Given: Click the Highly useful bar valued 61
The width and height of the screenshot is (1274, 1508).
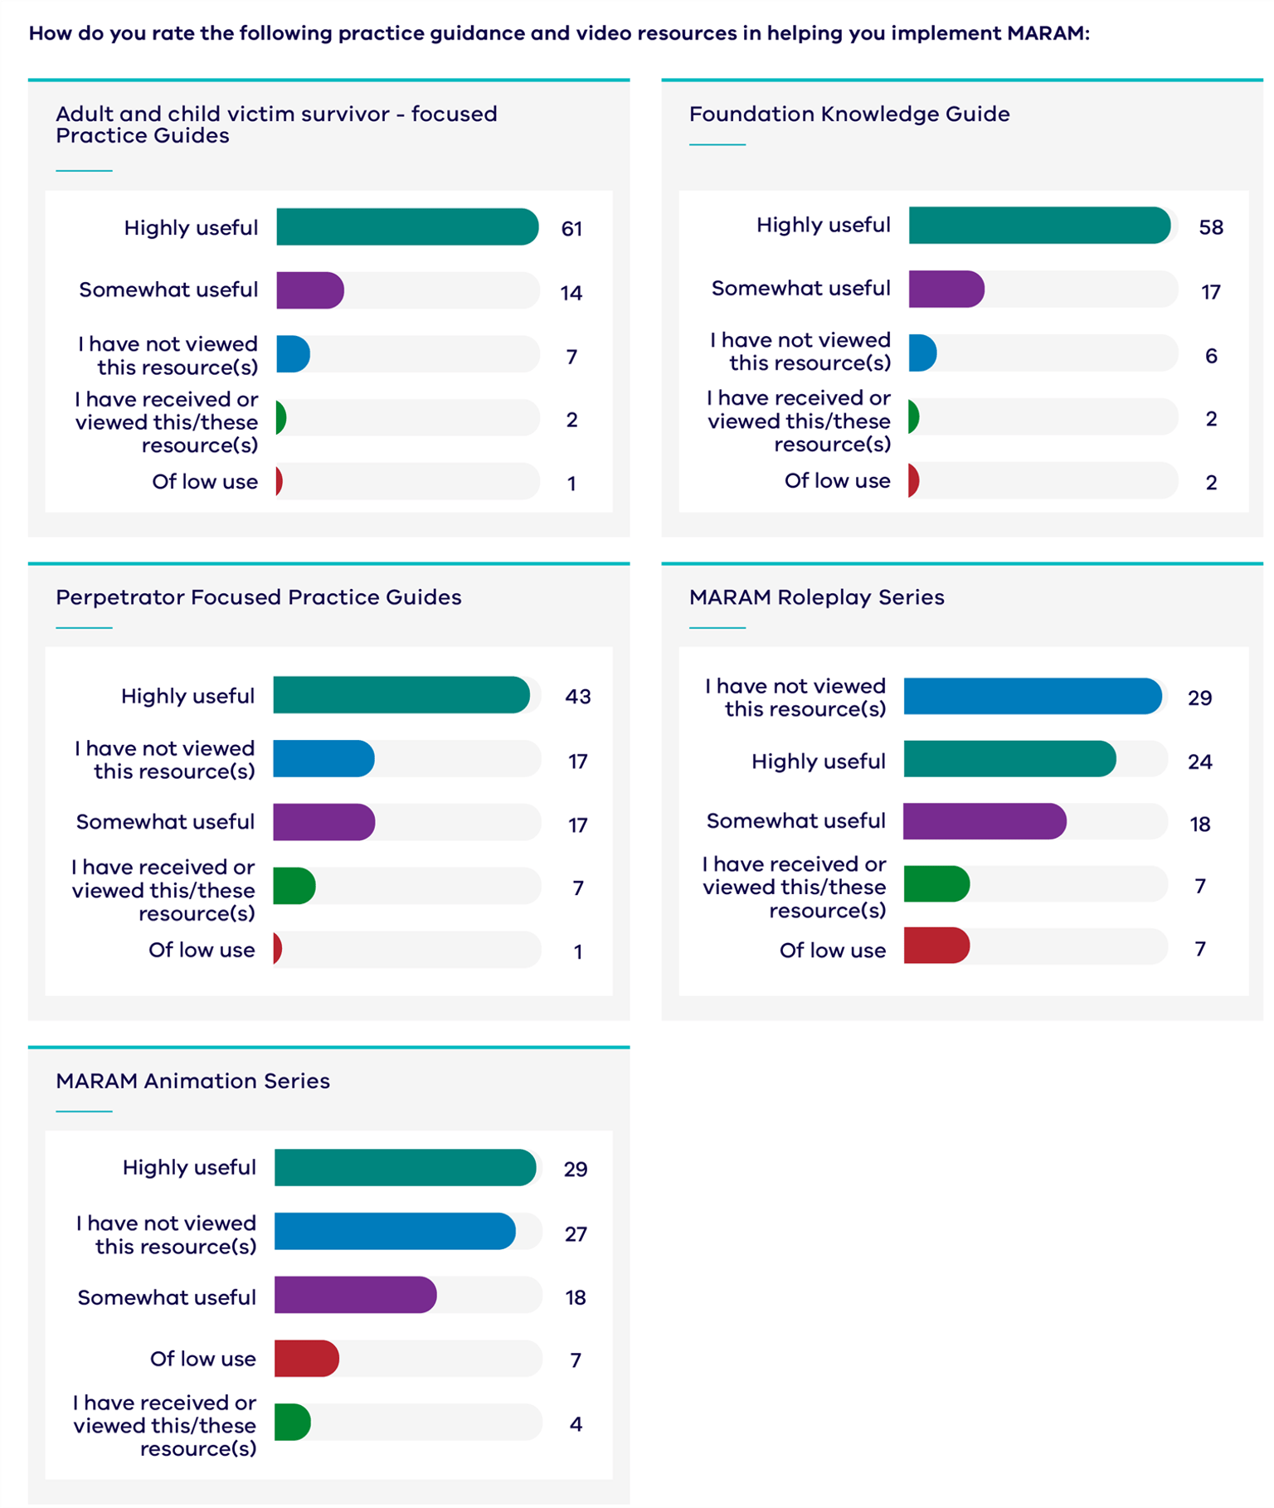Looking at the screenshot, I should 406,227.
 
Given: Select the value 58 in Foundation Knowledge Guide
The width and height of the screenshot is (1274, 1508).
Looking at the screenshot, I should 1210,227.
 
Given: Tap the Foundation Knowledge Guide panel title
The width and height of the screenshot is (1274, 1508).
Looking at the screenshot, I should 849,114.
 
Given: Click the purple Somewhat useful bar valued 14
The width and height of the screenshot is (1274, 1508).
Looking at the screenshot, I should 309,290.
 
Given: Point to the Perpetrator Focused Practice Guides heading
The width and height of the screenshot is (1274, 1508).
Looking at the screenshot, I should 258,597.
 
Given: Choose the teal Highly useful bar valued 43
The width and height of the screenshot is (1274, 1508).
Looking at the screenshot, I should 401,695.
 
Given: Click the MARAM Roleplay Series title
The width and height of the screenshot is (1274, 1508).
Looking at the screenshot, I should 816,597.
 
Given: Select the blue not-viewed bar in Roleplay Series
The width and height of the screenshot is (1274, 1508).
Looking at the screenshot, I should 1032,697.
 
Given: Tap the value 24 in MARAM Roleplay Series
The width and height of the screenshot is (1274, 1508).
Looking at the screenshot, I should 1199,761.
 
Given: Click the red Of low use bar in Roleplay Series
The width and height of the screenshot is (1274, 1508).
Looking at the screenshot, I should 936,946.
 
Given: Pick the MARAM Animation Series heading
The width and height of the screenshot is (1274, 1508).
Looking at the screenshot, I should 192,1081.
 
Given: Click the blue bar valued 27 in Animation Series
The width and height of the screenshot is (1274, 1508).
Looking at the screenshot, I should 394,1232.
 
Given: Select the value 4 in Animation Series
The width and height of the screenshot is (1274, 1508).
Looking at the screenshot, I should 576,1424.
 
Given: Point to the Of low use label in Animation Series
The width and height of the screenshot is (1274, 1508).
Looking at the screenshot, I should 202,1359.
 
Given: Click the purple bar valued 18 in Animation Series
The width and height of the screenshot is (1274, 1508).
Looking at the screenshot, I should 355,1295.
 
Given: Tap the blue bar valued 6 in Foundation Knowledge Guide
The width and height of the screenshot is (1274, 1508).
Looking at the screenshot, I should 922,353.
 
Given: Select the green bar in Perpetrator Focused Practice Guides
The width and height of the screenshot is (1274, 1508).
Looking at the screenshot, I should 294,886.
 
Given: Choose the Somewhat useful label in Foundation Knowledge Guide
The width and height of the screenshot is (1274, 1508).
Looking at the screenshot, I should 800,289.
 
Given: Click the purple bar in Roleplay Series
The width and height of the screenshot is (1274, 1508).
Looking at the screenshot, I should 984,821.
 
